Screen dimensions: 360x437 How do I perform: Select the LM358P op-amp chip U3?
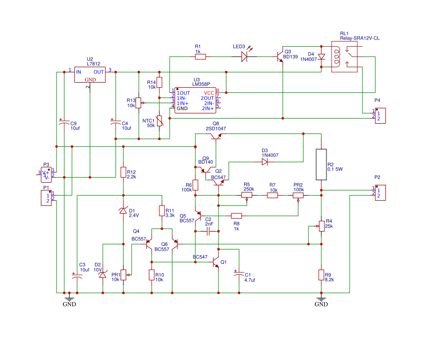coord(196,101)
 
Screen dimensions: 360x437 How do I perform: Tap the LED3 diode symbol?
coord(245,56)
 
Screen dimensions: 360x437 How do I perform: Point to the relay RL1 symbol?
coord(344,56)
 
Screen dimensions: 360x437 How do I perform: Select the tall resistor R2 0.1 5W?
coord(321,165)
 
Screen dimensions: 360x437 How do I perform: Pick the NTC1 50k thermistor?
coord(159,121)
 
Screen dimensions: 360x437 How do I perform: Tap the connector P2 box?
coord(379,193)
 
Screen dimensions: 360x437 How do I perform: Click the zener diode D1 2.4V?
coord(123,211)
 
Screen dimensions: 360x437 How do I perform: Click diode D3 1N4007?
coord(264,162)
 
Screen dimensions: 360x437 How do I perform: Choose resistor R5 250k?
coord(247,195)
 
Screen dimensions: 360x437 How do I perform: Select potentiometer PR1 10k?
coord(123,275)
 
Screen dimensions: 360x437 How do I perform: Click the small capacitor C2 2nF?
coord(209,232)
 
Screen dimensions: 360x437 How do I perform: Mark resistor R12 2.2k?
coord(123,172)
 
